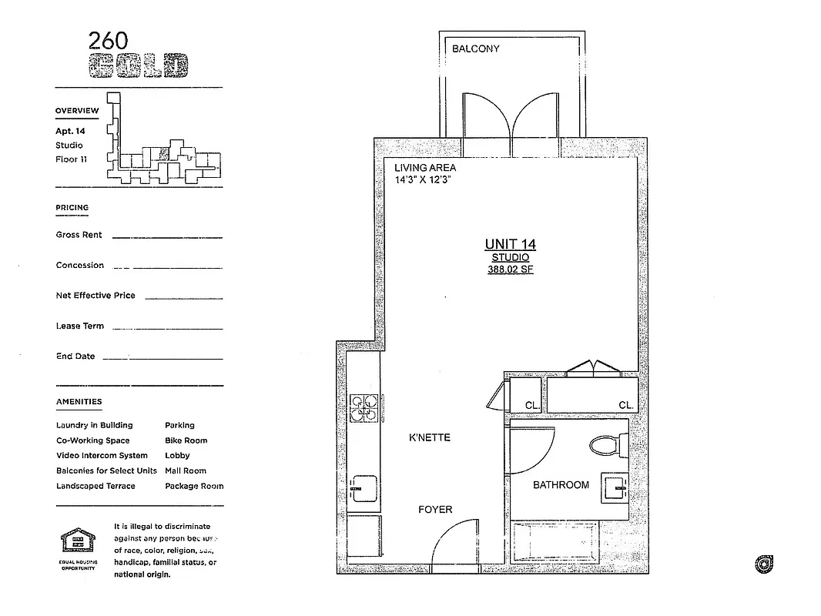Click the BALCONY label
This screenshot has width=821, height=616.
(x=475, y=49)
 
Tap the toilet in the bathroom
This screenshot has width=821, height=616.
(x=606, y=444)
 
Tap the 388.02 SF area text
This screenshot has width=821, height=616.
(x=510, y=270)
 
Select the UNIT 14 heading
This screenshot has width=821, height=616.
(x=510, y=244)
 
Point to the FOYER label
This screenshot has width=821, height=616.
(x=435, y=509)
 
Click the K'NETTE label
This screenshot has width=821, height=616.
(x=429, y=437)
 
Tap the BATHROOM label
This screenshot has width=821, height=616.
(x=561, y=485)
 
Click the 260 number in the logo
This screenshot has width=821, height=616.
(x=108, y=41)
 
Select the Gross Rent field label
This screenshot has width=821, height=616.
(x=79, y=235)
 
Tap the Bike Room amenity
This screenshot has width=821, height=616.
(x=186, y=440)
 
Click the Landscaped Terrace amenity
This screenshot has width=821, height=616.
(x=96, y=486)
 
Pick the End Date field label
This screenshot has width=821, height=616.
(x=75, y=357)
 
